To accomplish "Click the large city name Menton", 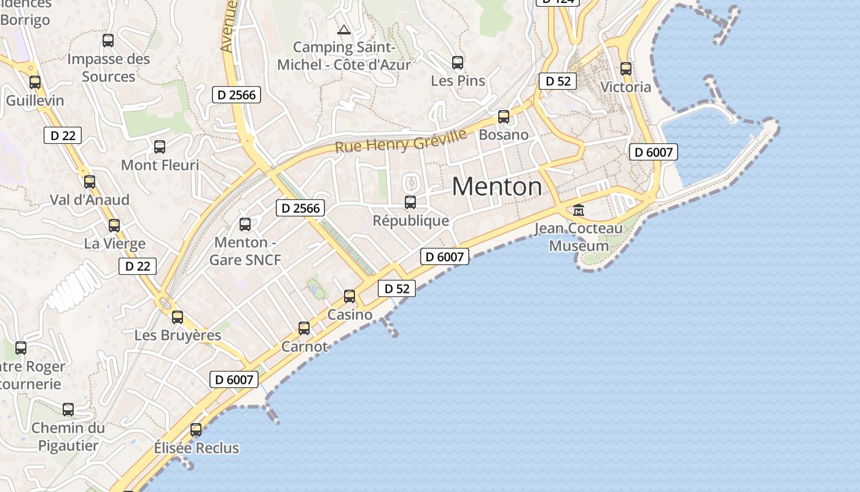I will (497, 186).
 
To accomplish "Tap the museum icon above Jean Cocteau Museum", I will (579, 210).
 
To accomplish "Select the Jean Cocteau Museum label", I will (579, 237).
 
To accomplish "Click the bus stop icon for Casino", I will (350, 296).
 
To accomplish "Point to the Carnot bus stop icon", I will (304, 328).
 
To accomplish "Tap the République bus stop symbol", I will (410, 202).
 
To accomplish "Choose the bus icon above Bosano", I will (504, 116).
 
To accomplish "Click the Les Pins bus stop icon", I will (458, 62).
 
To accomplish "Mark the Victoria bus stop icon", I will (626, 69).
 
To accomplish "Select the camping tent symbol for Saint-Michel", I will (344, 29).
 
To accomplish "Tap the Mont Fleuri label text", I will (160, 165).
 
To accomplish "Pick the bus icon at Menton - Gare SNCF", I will (245, 224).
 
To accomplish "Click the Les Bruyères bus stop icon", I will (178, 317).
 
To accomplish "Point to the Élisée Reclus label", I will (197, 448).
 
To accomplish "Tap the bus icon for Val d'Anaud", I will (90, 181).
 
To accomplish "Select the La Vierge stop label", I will (115, 244).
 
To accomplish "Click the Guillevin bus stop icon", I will (35, 82).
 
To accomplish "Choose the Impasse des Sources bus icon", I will (108, 41).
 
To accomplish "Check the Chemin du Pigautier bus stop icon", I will (68, 409).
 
